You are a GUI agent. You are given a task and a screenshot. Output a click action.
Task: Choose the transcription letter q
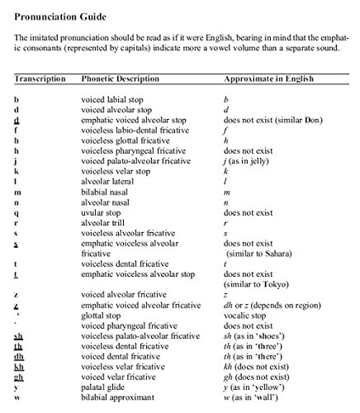[x=17, y=212]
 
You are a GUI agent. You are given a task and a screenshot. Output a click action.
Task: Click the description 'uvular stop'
[x=106, y=212]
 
